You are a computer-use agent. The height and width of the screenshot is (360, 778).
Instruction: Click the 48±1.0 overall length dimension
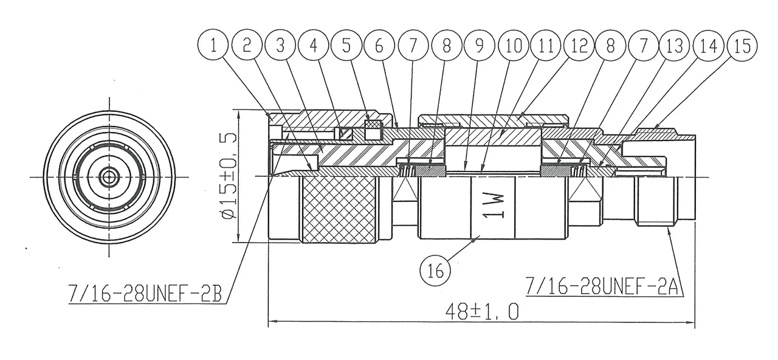pos(481,312)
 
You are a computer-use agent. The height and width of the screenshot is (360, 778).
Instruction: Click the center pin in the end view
pos(109,176)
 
